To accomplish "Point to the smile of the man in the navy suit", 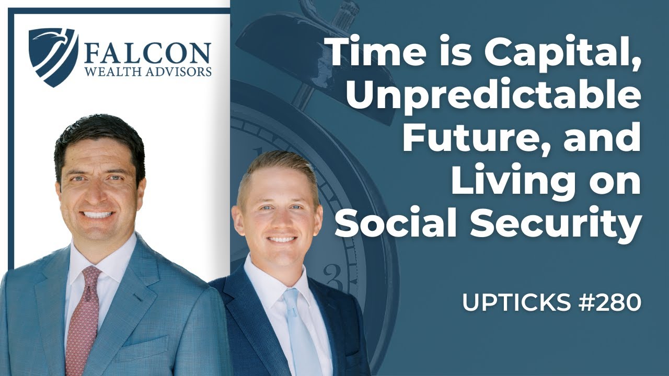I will [282, 240].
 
